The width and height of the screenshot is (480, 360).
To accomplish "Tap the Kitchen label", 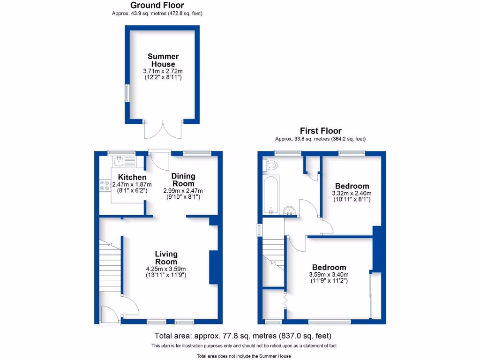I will [132, 178].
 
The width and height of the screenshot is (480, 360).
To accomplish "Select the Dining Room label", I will [183, 180].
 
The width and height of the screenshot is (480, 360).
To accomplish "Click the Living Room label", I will [166, 258].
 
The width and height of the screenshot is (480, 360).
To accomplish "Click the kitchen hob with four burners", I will [105, 186].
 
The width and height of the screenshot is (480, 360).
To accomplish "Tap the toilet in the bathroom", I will [271, 165].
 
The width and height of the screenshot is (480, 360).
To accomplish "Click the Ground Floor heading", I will [157, 5].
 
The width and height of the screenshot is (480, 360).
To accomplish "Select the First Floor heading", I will [321, 131].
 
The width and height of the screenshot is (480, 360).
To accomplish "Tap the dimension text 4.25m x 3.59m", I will [166, 269].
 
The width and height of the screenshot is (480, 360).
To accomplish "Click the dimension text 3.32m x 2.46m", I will [351, 193].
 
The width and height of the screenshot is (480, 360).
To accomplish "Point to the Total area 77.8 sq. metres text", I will [243, 336].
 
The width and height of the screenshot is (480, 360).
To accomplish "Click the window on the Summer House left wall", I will [126, 93].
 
